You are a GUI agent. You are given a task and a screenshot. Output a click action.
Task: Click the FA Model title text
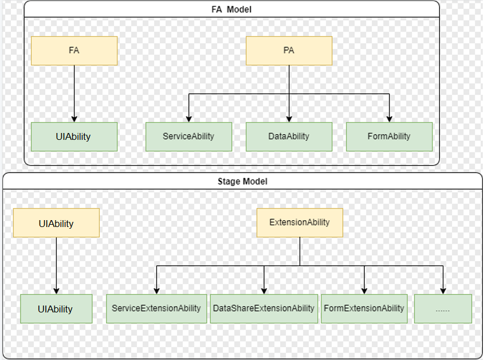pos(231,10)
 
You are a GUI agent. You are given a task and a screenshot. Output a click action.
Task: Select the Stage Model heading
pos(242,181)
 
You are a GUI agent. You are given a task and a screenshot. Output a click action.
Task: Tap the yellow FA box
pos(74,50)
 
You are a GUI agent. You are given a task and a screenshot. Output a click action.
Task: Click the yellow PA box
pos(289,50)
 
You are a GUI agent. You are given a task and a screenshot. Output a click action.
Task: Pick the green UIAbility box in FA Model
pos(74,136)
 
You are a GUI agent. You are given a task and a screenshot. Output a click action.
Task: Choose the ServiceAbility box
pos(188,136)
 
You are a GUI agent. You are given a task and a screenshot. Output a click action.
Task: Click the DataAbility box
pos(289,136)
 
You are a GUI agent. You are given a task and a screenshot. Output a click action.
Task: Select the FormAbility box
pos(389,136)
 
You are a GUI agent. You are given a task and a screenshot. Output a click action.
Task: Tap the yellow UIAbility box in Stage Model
pos(56,223)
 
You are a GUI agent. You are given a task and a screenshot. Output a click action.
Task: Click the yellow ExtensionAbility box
pos(300,223)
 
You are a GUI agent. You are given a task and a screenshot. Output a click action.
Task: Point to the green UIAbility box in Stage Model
pos(56,309)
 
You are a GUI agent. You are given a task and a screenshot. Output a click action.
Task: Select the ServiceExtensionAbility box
pos(156,309)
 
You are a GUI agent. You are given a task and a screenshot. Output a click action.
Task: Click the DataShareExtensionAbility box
pos(264,309)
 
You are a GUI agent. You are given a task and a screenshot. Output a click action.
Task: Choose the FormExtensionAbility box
pos(364,309)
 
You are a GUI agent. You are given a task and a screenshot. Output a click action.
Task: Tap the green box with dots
pos(443,309)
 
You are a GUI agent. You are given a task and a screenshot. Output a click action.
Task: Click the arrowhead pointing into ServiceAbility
pos(189,119)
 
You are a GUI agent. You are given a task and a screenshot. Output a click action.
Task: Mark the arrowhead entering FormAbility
pos(389,119)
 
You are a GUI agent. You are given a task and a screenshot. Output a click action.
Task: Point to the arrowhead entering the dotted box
pos(443,291)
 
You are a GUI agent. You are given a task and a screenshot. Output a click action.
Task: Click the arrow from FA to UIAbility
pos(74,93)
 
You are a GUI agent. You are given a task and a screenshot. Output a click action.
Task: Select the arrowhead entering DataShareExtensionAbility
pos(264,291)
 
